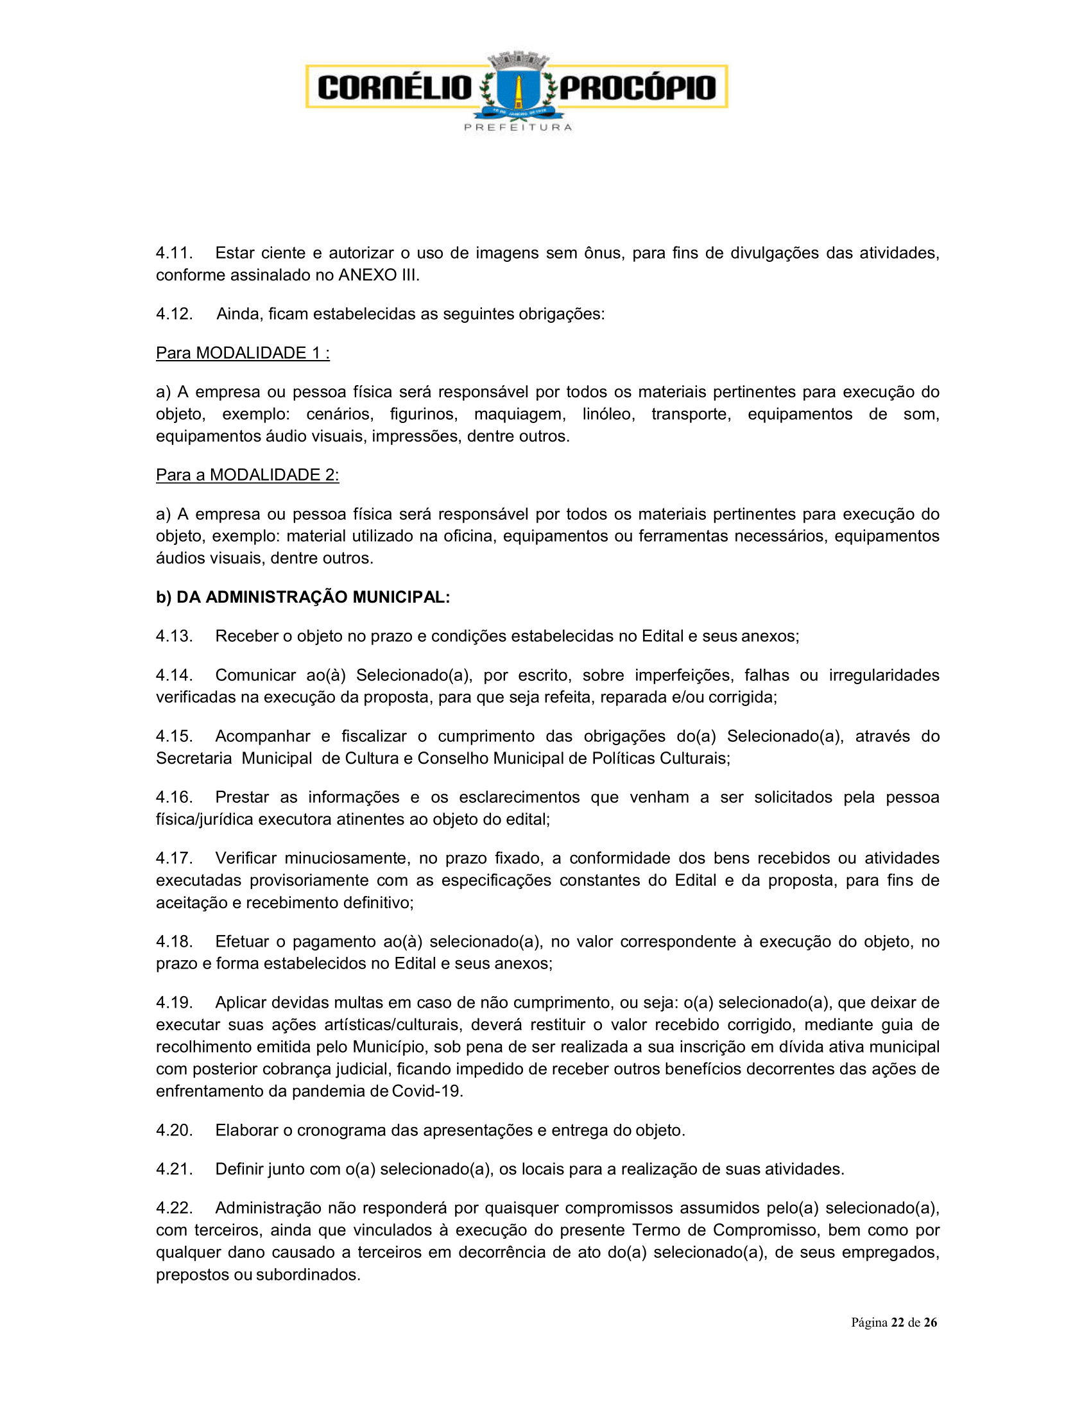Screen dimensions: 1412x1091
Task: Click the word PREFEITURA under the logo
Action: pos(519,127)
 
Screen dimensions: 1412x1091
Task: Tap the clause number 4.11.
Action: pos(174,253)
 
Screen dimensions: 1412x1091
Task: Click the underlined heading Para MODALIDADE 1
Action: pos(243,353)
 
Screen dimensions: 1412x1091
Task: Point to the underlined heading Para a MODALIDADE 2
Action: pos(247,475)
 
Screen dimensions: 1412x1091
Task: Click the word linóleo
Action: pos(608,414)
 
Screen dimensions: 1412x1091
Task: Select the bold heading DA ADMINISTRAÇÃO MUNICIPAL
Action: pos(313,597)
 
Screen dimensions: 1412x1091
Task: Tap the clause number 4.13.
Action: pos(174,636)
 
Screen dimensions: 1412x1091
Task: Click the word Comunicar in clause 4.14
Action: pos(255,675)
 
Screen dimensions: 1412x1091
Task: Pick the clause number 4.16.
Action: pos(174,797)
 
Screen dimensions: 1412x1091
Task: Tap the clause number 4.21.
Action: pos(174,1169)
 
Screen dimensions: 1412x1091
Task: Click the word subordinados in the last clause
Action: pos(307,1274)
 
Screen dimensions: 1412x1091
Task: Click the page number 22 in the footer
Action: pos(897,1322)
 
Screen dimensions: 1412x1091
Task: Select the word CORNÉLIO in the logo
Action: pos(395,88)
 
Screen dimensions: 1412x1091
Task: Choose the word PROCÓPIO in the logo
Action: pos(638,88)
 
